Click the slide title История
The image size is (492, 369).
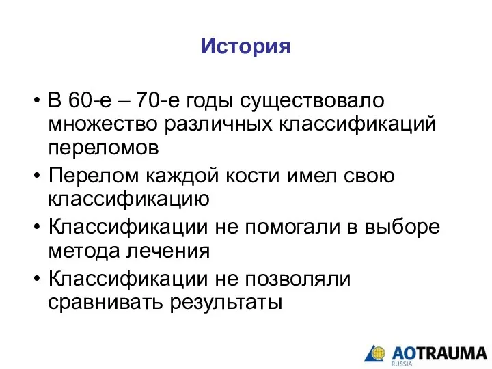(x=246, y=46)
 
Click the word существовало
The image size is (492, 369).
(x=312, y=101)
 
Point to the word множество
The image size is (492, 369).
(x=102, y=124)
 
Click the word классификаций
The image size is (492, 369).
(x=357, y=124)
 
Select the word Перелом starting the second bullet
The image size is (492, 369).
(x=94, y=176)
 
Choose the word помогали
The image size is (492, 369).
(x=292, y=227)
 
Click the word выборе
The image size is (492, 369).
(x=402, y=227)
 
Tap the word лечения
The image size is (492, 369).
(x=168, y=251)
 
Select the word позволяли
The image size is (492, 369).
(x=298, y=279)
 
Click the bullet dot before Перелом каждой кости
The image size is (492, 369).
(x=37, y=176)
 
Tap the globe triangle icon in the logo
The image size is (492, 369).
(x=375, y=354)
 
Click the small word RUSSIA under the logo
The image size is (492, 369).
(x=402, y=364)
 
